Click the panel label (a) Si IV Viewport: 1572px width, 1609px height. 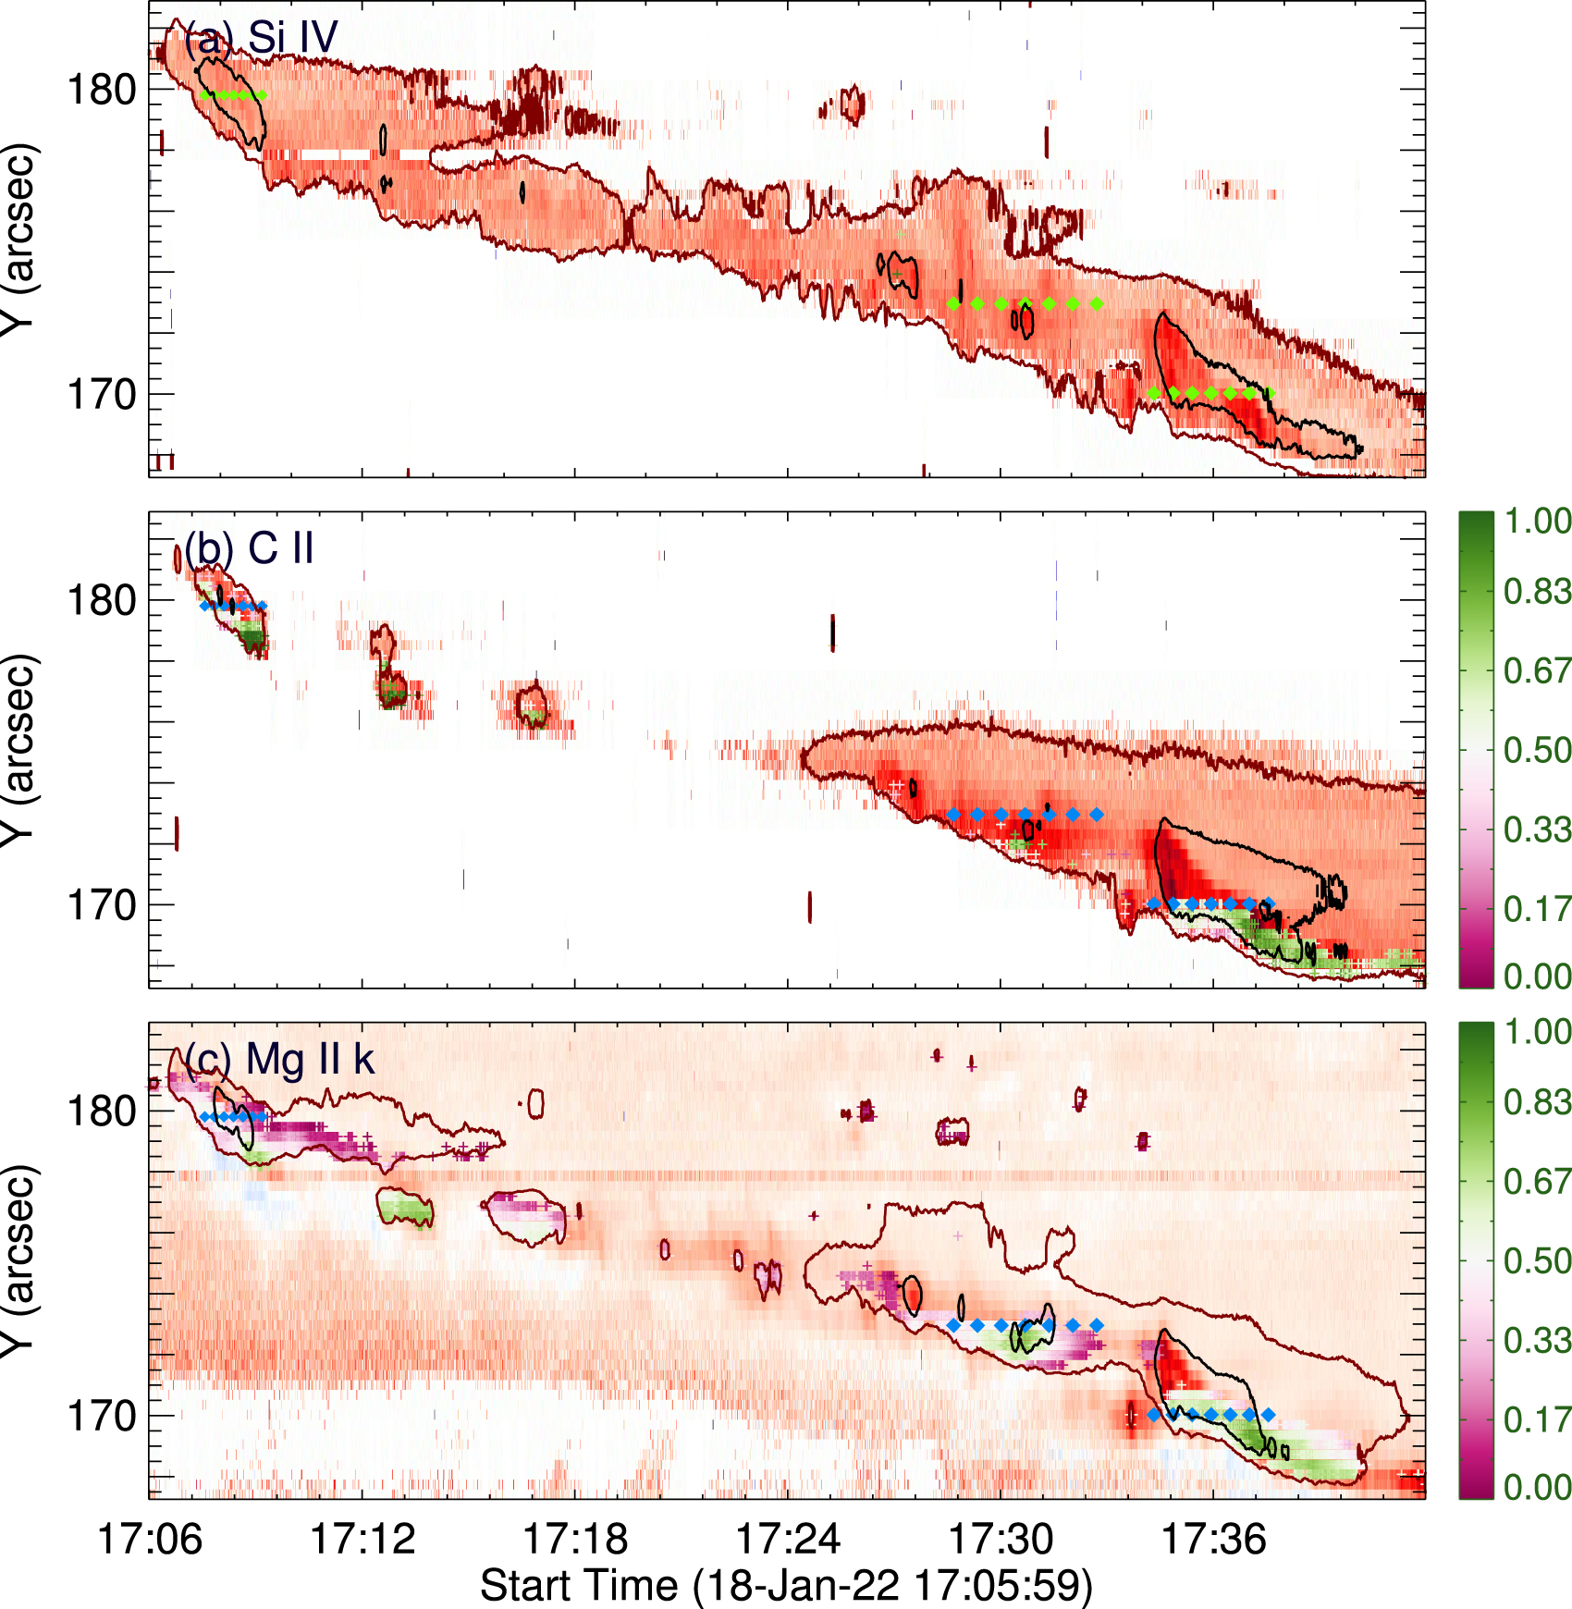[x=261, y=39]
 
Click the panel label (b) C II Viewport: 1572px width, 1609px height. [x=249, y=548]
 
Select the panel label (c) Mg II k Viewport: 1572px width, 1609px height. [x=279, y=1060]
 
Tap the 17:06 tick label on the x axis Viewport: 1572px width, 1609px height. [x=149, y=1540]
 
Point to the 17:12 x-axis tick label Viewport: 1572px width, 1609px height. [x=362, y=1540]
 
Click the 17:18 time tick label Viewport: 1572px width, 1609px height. [x=575, y=1540]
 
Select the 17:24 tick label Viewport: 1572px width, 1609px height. [x=788, y=1540]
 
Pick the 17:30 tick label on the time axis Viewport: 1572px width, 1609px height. [x=1001, y=1540]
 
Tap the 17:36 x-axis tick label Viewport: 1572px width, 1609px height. [x=1213, y=1540]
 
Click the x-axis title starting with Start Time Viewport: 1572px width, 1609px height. [x=786, y=1585]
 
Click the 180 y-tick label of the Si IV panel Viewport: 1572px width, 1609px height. [x=102, y=91]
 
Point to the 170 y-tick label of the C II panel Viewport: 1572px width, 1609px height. [x=102, y=905]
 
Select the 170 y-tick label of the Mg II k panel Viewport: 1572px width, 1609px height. [x=102, y=1416]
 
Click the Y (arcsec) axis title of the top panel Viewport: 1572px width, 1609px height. [x=18, y=239]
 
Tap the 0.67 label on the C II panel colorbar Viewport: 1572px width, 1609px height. [x=1537, y=670]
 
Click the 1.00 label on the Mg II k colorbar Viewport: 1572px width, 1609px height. [x=1537, y=1032]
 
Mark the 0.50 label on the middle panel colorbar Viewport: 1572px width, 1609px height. [x=1537, y=750]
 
